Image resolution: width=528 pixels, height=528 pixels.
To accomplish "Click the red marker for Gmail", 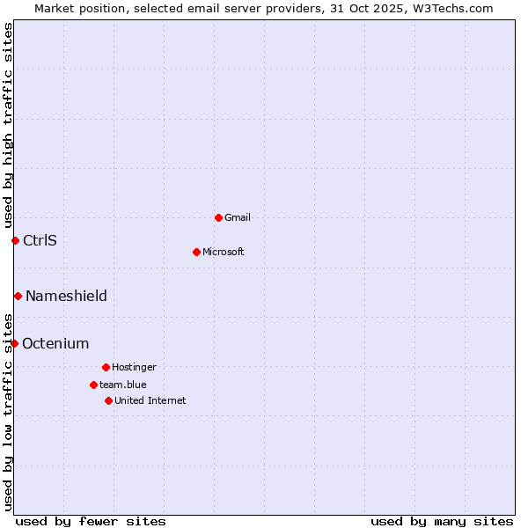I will pyautogui.click(x=218, y=217).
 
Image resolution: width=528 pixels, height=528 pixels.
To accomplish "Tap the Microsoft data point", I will pyautogui.click(x=197, y=252).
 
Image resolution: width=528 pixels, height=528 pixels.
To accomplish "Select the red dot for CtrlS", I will pyautogui.click(x=15, y=240).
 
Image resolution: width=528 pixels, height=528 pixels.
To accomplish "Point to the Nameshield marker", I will pyautogui.click(x=18, y=296).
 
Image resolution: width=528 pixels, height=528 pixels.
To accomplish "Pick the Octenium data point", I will pyautogui.click(x=14, y=343).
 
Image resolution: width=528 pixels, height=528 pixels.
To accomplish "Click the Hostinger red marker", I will pyautogui.click(x=106, y=367).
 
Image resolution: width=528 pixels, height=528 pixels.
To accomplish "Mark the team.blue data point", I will pyautogui.click(x=93, y=385).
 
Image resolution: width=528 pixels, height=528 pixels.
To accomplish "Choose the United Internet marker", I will pyautogui.click(x=108, y=400).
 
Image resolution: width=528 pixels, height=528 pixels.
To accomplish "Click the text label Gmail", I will pyautogui.click(x=238, y=217).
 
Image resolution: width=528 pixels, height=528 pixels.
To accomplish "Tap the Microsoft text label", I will pyautogui.click(x=224, y=252).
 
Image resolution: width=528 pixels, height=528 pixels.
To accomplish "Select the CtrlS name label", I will pyautogui.click(x=40, y=240).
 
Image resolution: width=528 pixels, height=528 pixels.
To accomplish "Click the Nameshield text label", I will pyautogui.click(x=66, y=296).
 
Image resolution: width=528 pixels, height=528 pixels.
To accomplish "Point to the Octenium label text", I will pyautogui.click(x=55, y=343).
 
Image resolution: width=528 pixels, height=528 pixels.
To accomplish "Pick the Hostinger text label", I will pyautogui.click(x=134, y=367).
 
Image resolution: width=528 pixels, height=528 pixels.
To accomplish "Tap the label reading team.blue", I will pyautogui.click(x=123, y=385).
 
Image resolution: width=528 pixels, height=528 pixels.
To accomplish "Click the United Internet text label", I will pyautogui.click(x=150, y=400).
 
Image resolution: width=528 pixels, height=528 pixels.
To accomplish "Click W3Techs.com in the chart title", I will pyautogui.click(x=451, y=8).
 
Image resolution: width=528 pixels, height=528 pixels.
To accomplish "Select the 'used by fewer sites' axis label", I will pyautogui.click(x=91, y=521).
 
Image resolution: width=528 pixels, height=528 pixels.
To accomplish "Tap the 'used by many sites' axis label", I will pyautogui.click(x=442, y=521).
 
